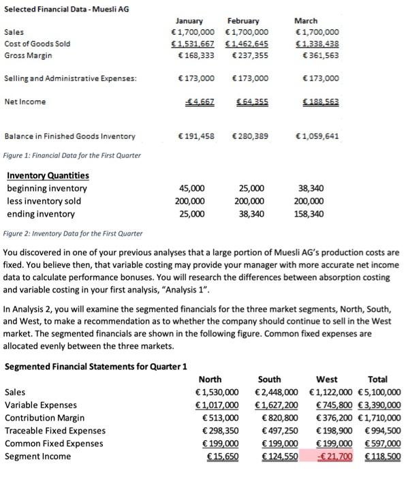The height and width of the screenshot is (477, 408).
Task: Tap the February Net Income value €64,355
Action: tap(252, 102)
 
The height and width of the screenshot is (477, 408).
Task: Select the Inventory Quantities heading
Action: tap(48, 176)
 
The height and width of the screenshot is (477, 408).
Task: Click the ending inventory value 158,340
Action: tap(308, 213)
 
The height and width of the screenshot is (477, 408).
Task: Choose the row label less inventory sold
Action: tap(44, 200)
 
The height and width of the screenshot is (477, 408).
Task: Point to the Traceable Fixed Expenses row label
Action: tap(55, 430)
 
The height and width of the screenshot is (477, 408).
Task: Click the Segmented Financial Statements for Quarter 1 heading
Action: tap(96, 366)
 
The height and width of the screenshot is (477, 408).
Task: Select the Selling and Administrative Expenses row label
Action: tap(70, 79)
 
